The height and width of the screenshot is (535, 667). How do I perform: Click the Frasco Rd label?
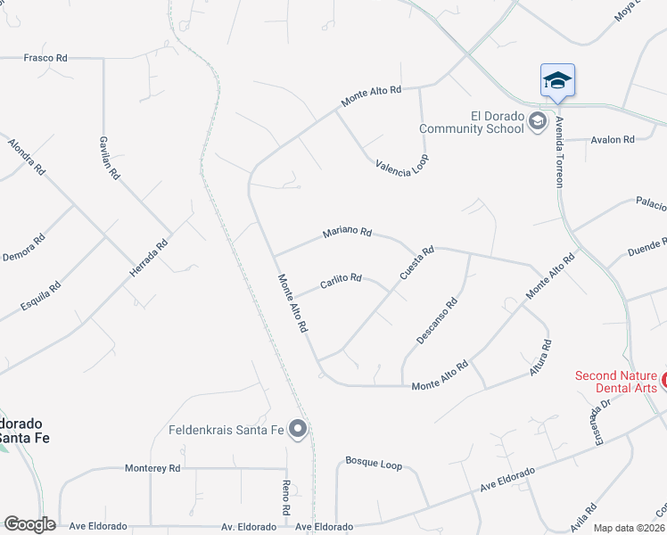tap(45, 58)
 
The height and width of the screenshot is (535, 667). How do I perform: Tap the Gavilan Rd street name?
tap(110, 159)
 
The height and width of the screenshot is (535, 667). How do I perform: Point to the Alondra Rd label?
tap(25, 157)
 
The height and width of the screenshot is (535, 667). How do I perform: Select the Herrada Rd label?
tap(149, 258)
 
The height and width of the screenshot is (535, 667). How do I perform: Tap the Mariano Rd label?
tap(347, 233)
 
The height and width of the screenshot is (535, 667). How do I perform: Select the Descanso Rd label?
tap(437, 321)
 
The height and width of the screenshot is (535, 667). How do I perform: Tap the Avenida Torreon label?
tap(559, 151)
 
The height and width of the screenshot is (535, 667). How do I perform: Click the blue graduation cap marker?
tap(558, 81)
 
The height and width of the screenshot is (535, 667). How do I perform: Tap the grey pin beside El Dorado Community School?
tap(538, 122)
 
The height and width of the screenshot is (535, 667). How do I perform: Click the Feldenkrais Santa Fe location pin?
tap(299, 431)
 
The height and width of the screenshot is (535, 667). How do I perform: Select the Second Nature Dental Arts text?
tap(616, 382)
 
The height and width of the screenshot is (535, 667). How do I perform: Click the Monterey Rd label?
tap(152, 468)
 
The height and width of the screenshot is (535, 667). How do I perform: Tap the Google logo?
tap(29, 524)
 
